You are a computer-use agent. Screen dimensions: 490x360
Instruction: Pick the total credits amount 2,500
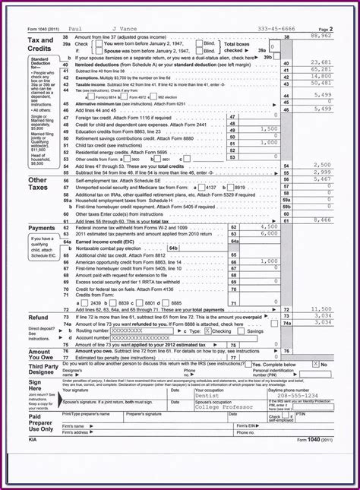322,164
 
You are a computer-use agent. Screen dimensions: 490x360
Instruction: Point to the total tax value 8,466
322,220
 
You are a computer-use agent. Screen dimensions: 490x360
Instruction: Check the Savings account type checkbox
243,331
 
